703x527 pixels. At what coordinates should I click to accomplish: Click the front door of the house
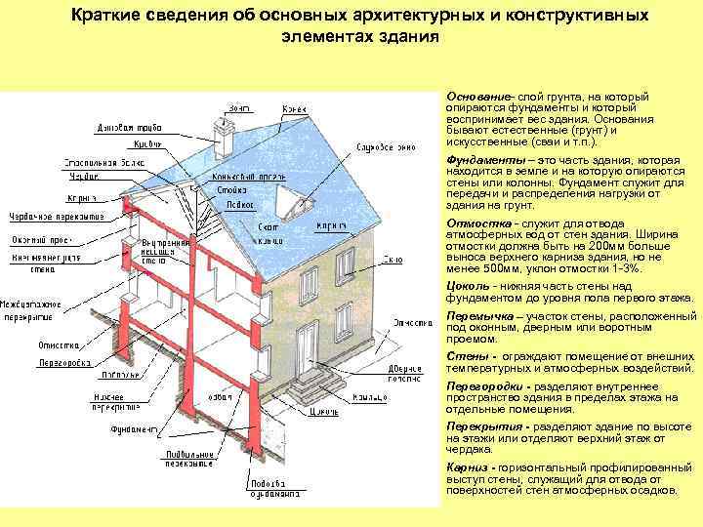click(x=310, y=347)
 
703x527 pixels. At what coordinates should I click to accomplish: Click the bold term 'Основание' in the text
click(x=478, y=99)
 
